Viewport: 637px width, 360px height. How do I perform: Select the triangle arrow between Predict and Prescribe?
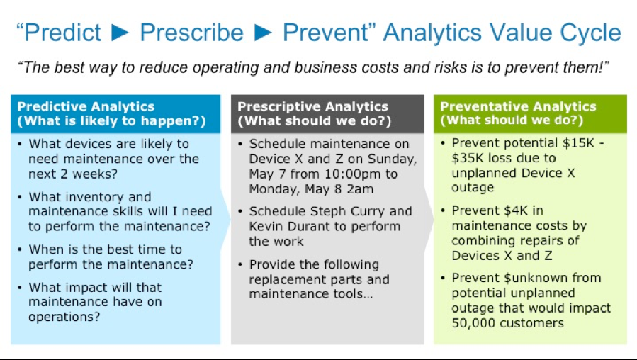point(120,33)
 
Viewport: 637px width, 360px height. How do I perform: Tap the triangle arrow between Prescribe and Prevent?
point(264,33)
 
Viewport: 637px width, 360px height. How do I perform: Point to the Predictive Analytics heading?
point(86,106)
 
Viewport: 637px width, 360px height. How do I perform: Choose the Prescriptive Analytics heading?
point(312,106)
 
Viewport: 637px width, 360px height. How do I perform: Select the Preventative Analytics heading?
point(518,106)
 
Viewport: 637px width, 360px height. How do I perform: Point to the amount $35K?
point(468,158)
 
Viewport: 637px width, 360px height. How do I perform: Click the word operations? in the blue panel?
point(64,317)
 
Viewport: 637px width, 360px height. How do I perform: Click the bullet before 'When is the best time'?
point(20,249)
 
